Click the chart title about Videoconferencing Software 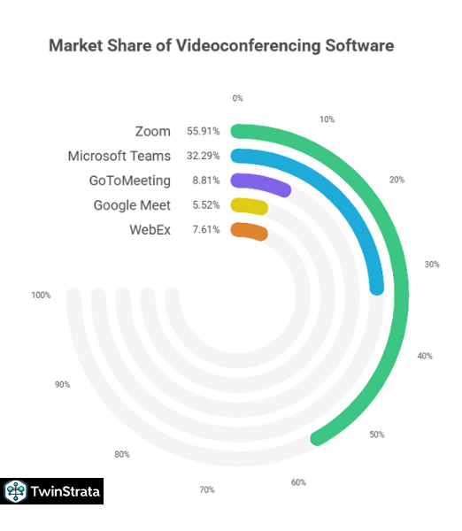click(x=220, y=45)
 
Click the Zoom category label click(x=152, y=131)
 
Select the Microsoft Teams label click(x=119, y=156)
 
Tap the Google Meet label click(x=132, y=205)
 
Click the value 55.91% click(x=203, y=131)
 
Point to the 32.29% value click(x=203, y=156)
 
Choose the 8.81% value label click(x=205, y=181)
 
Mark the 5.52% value click(x=205, y=205)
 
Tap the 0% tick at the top click(x=237, y=98)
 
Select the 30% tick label click(x=432, y=264)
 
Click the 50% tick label click(x=377, y=435)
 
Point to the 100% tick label click(x=41, y=295)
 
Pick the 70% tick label click(x=206, y=489)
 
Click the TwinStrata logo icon click(x=15, y=491)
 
